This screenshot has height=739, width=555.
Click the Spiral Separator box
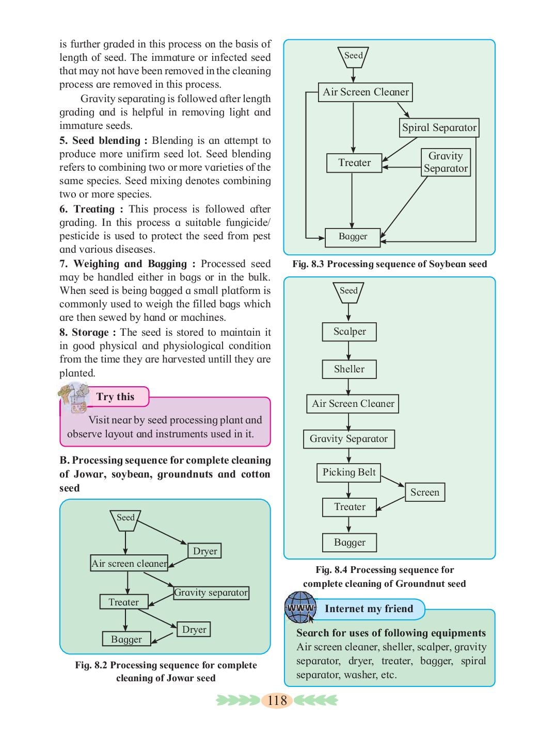439,127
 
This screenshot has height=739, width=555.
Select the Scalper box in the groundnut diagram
349,332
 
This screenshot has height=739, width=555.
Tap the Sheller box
349,369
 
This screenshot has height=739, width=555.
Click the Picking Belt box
349,472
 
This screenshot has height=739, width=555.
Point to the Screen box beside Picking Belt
424,492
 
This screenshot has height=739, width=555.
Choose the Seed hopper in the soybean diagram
353,57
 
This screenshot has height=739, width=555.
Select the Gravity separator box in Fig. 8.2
211,593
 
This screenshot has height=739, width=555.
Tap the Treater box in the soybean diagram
354,163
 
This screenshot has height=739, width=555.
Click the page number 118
277,700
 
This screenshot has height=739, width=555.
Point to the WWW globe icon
300,607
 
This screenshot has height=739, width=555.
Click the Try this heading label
115,397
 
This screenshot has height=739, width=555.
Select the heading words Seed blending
106,140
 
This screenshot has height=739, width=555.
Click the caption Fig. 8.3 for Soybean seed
390,264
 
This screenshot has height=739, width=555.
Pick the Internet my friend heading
369,609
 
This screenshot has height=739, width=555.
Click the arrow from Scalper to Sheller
348,351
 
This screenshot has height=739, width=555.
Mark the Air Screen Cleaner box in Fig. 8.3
366,92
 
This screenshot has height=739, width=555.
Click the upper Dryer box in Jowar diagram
204,551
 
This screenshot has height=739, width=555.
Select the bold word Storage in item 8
90,332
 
